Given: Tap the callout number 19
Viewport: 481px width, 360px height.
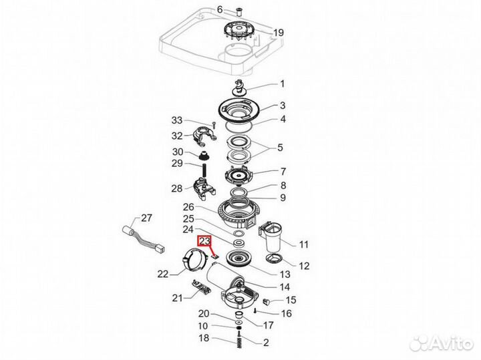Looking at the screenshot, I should click(x=279, y=32).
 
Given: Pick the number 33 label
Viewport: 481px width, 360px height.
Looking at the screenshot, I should click(x=176, y=120).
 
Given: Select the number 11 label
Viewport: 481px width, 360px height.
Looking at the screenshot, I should click(x=304, y=243).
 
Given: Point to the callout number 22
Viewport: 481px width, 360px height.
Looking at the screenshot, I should click(x=162, y=273).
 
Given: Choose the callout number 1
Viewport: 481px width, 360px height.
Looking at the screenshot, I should click(x=281, y=84).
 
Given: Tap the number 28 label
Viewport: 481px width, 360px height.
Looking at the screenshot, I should click(x=176, y=188).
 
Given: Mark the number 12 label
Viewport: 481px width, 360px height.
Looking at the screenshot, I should click(x=303, y=266).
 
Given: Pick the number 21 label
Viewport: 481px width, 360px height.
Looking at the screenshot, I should click(x=178, y=297).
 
